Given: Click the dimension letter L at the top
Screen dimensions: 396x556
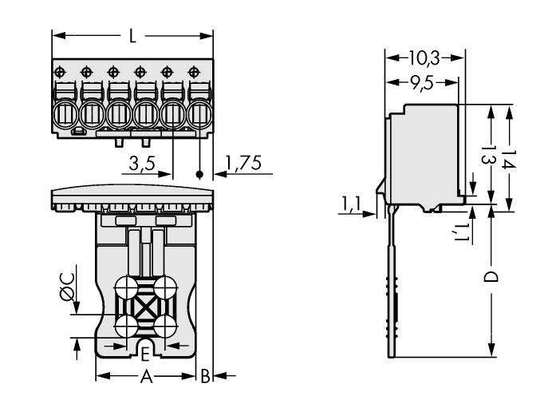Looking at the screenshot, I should coord(132,36).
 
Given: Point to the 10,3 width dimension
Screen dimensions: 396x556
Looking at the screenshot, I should coord(424,58).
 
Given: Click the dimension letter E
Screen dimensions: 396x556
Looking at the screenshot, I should coord(145,353).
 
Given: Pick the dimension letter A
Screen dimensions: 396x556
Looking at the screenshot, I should coord(146,376).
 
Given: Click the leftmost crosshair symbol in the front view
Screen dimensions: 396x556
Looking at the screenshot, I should coord(61,72).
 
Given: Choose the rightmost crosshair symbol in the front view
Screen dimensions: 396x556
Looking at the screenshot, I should coord(192,72).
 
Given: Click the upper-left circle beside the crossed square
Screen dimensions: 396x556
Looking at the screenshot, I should coord(125,287).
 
